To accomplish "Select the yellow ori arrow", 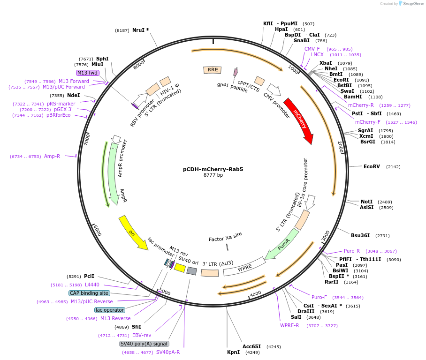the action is coord(133,232).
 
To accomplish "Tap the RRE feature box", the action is coord(213,70).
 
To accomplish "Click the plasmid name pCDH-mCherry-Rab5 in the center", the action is coord(213,169).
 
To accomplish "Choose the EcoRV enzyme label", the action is coord(372,166).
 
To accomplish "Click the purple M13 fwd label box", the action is coord(87,73).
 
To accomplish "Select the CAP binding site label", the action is coord(89,293).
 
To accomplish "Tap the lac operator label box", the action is coord(110,310).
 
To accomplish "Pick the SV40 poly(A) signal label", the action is coord(144,344).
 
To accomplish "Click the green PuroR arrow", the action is coord(282,244).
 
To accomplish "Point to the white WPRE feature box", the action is coord(244,267).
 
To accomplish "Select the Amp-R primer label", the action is coord(52,156).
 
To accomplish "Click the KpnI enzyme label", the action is coord(233,352).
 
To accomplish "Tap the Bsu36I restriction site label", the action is coord(360,235).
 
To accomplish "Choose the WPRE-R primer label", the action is coord(289,325).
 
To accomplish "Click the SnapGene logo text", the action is coord(413,4).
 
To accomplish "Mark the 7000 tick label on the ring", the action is coord(86,139).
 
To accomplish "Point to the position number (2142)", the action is coord(393,167).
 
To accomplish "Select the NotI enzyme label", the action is coord(366,202).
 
